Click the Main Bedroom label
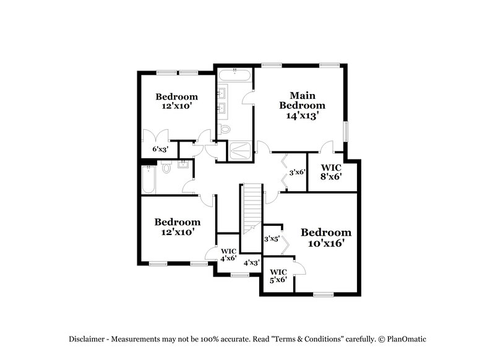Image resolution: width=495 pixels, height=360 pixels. [x=303, y=100]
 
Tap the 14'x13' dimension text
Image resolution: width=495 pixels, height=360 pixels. [x=303, y=115]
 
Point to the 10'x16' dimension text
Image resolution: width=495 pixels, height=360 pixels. [x=326, y=244]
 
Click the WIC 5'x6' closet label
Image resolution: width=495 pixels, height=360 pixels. [x=278, y=276]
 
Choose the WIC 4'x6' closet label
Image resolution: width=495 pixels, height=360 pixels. [x=229, y=255]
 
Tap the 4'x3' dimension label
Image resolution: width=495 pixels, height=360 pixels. [x=251, y=263]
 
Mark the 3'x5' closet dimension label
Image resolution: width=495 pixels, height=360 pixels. [x=272, y=238]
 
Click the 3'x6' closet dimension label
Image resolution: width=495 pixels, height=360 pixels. [x=298, y=172]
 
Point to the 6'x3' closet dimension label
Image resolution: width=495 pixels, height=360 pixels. [x=160, y=149]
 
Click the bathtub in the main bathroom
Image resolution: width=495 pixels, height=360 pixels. [x=235, y=77]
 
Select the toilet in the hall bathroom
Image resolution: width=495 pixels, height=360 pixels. [x=166, y=168]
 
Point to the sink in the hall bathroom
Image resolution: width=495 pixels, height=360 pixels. [x=184, y=165]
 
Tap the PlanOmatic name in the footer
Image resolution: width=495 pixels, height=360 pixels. [x=406, y=339]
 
